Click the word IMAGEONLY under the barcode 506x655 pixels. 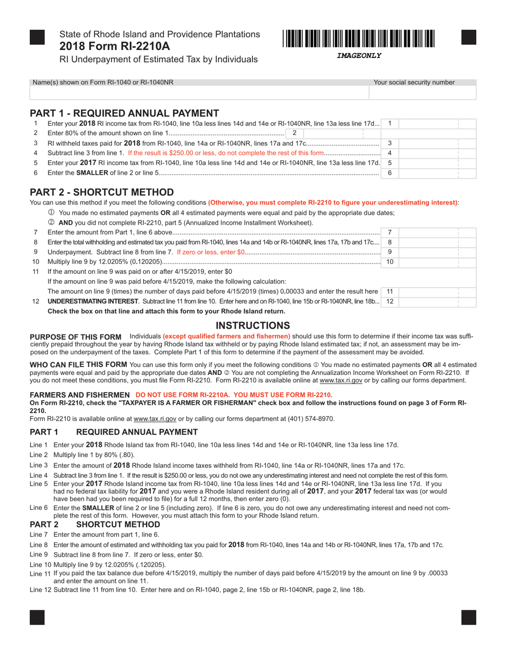coord(359,55)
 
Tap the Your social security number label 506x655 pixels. coord(414,83)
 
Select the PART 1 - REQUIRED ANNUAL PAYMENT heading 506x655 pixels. coord(124,113)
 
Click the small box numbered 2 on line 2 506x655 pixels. coord(294,133)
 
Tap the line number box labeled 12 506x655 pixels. coord(389,301)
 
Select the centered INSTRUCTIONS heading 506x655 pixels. coord(252,325)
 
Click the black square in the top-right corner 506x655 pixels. coord(468,37)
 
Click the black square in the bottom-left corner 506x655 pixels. coord(37,617)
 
